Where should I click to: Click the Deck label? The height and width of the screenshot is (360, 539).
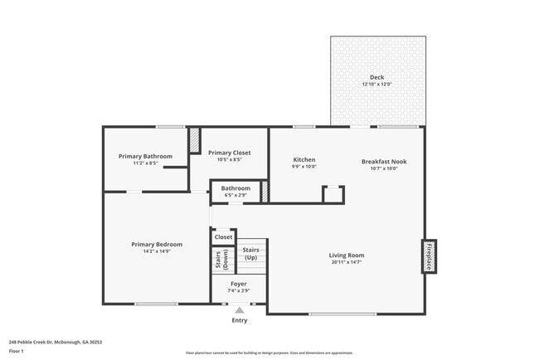point(377,77)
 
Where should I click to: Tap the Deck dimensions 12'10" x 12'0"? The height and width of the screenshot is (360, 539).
point(377,85)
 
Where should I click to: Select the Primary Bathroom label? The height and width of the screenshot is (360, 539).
point(145,156)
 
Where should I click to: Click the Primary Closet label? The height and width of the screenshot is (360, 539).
point(229,153)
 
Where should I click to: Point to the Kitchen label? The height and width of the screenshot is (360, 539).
point(304,159)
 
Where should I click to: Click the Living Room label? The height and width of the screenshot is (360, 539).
point(346,255)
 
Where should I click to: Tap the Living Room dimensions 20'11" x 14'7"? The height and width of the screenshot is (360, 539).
point(346,262)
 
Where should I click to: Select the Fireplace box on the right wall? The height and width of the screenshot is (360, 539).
point(429,255)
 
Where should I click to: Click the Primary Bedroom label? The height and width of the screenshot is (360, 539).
point(157,244)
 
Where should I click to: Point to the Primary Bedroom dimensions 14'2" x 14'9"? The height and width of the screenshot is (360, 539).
point(157,251)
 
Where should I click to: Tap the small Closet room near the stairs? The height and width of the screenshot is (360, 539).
point(224,237)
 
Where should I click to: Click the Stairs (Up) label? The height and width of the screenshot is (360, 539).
point(250,253)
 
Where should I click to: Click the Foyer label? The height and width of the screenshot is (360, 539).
point(238,284)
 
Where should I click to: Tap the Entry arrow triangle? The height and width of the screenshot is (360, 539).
point(240,309)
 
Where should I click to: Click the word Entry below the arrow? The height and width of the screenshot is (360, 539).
point(240,320)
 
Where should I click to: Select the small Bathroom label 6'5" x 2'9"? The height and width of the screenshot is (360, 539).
point(236,188)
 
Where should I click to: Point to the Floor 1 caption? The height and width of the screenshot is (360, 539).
point(17,351)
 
